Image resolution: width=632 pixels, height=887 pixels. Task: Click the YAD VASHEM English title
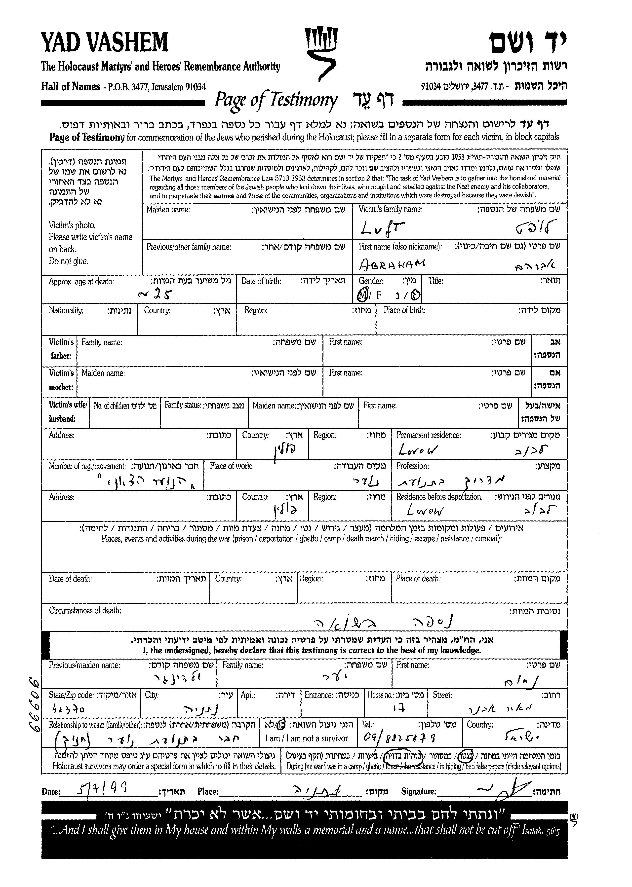pyautogui.click(x=104, y=42)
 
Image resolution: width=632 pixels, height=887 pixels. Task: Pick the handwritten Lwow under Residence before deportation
pyautogui.click(x=425, y=510)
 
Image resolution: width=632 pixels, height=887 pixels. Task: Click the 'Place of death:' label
pyautogui.click(x=418, y=579)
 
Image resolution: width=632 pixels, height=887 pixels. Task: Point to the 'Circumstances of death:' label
pyautogui.click(x=85, y=610)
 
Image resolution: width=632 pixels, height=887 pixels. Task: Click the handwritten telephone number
pyautogui.click(x=399, y=737)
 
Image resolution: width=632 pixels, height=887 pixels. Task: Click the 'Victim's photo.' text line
pyautogui.click(x=72, y=225)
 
